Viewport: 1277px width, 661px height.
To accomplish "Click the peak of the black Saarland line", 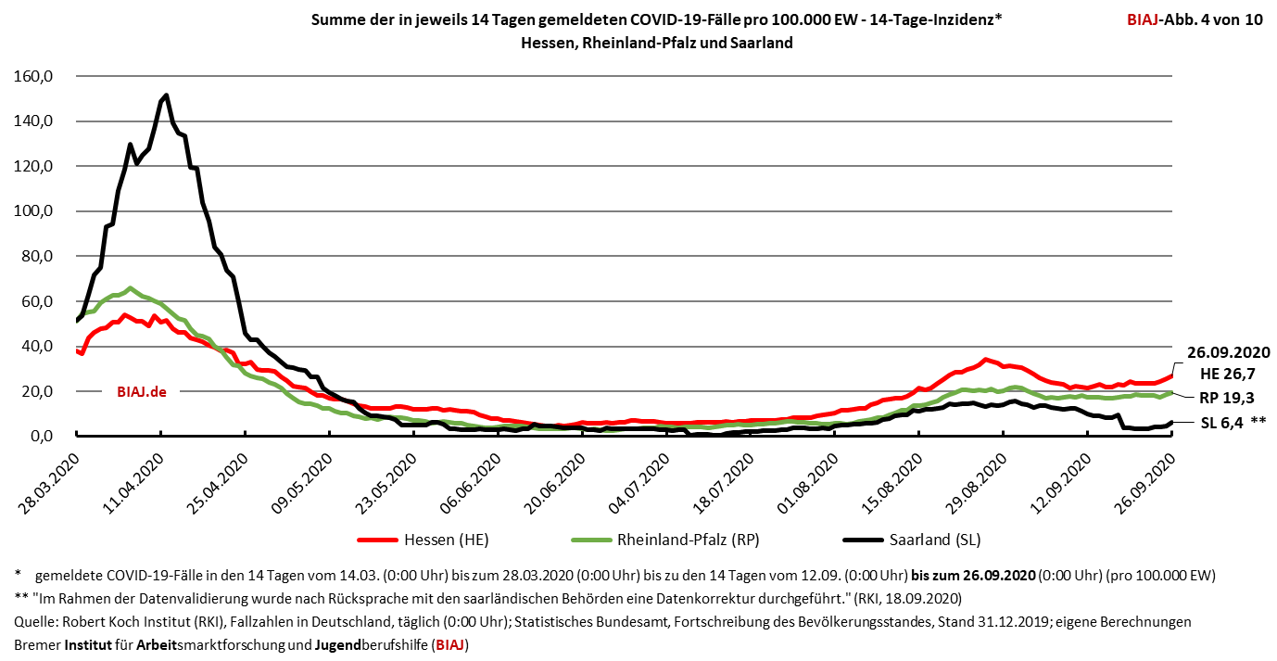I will click(165, 95).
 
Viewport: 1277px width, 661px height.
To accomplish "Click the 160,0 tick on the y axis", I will click(41, 76).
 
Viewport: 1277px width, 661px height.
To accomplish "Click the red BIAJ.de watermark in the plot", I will click(142, 391).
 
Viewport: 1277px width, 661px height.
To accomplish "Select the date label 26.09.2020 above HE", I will click(1228, 352).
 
